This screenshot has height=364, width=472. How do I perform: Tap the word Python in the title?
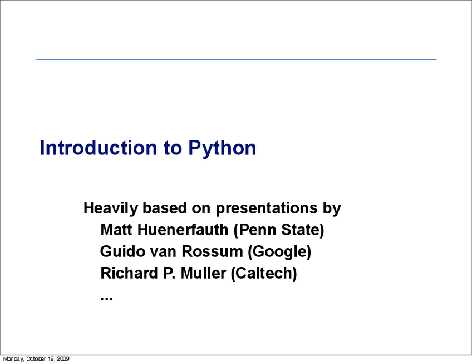point(222,148)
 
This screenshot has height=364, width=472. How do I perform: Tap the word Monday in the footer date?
point(13,359)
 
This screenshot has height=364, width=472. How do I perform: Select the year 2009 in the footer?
point(62,359)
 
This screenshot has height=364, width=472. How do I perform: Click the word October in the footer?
point(36,359)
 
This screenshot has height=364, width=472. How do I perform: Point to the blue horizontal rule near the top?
point(236,59)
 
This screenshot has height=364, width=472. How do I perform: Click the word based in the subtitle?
point(165,208)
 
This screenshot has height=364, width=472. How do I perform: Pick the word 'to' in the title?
point(173,148)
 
